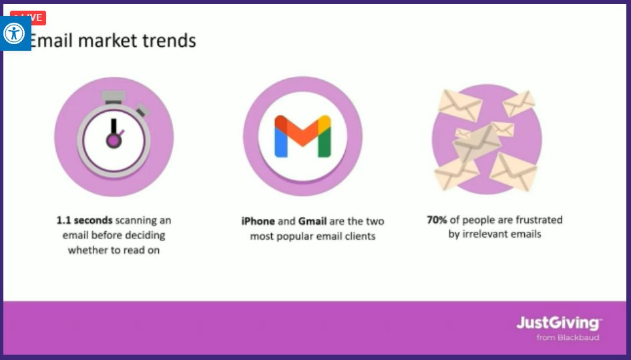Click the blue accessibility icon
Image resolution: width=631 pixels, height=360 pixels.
point(14,33)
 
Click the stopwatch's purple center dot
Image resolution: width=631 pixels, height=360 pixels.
point(114,140)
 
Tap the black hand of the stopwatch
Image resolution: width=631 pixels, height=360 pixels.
point(114,128)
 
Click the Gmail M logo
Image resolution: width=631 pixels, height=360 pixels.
point(302,136)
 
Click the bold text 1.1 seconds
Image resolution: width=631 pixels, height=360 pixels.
point(84,220)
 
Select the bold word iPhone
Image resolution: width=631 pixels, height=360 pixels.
point(258,221)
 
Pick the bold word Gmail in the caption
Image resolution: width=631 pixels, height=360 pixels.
point(313,221)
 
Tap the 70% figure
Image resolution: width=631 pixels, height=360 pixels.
point(437,220)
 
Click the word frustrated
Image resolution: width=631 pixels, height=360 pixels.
point(535,220)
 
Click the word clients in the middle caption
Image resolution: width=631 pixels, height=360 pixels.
point(359,236)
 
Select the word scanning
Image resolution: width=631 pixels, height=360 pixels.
point(138,220)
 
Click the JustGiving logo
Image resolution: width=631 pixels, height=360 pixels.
point(558,323)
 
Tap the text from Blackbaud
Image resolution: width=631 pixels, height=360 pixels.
point(568,337)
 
